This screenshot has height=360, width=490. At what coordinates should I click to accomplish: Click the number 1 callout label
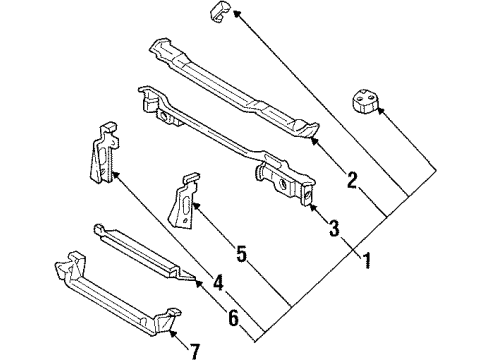pyautogui.click(x=366, y=262)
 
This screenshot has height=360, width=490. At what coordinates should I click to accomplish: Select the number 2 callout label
pyautogui.click(x=352, y=181)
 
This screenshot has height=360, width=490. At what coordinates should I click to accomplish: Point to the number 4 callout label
pyautogui.click(x=217, y=282)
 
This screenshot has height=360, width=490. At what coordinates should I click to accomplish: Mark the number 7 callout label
pyautogui.click(x=195, y=350)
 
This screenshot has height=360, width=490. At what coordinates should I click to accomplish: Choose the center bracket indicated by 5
pyautogui.click(x=185, y=204)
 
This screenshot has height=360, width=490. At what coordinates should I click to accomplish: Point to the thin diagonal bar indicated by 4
pyautogui.click(x=140, y=251)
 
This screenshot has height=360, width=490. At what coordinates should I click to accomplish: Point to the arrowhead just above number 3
pyautogui.click(x=306, y=208)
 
